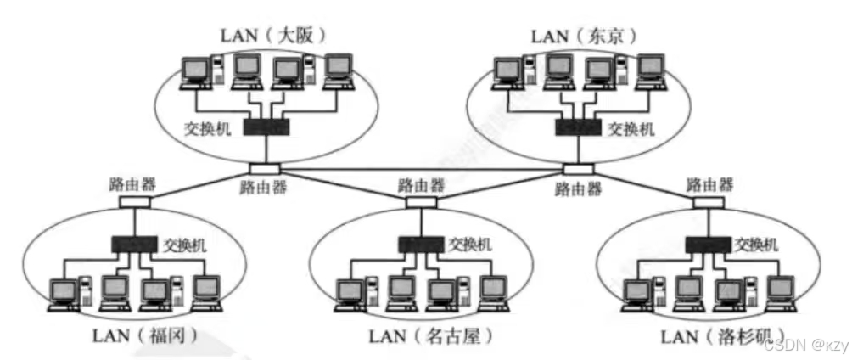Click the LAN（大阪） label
tap(273, 35)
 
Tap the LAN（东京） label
tap(584, 35)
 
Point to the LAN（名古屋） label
tap(430, 336)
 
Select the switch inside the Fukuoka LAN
tap(135, 245)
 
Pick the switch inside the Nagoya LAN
tap(420, 245)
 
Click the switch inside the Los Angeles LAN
tap(709, 245)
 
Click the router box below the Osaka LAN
tap(261, 167)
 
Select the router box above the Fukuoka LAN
tap(134, 202)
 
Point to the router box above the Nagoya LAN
tap(420, 202)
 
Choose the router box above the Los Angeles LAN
tap(708, 202)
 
